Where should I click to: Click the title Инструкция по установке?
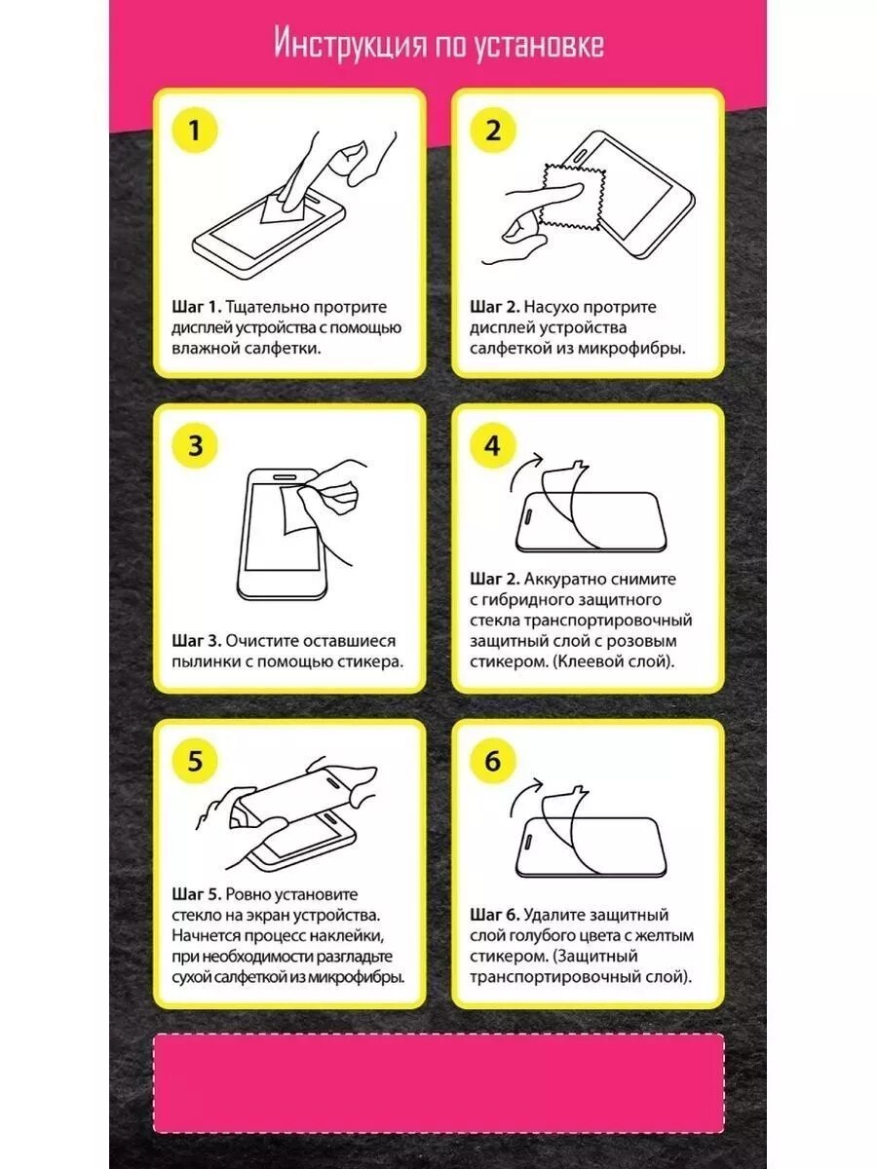pyautogui.click(x=439, y=44)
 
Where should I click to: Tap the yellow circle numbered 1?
pyautogui.click(x=195, y=131)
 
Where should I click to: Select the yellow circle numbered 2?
pyautogui.click(x=492, y=131)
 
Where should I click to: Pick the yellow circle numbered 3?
pyautogui.click(x=195, y=445)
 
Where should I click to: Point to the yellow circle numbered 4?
pyautogui.click(x=492, y=445)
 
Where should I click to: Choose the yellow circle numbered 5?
pyautogui.click(x=195, y=761)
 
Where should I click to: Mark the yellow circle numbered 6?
pyautogui.click(x=492, y=761)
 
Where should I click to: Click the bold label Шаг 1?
pyautogui.click(x=196, y=307)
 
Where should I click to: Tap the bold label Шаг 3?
pyautogui.click(x=196, y=641)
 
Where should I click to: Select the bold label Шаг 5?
pyautogui.click(x=196, y=894)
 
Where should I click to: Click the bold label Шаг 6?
pyautogui.click(x=494, y=915)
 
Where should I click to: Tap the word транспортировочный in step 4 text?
pyautogui.click(x=607, y=621)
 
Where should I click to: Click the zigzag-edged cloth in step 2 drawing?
pyautogui.click(x=572, y=197)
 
